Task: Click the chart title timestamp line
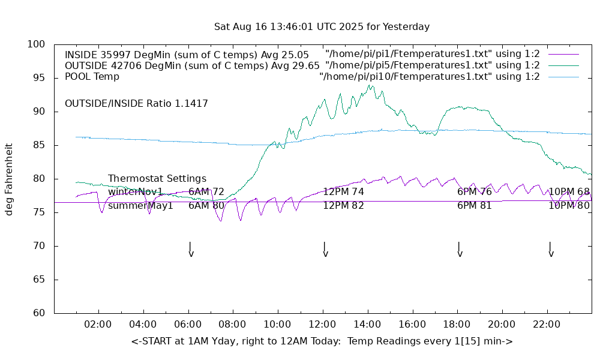pos(322,27)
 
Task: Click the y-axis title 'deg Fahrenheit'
pos(9,179)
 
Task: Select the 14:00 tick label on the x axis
pos(367,325)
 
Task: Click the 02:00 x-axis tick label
pos(98,325)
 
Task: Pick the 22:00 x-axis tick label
pos(546,325)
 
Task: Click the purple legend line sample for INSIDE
pos(563,54)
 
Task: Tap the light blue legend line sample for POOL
pos(563,77)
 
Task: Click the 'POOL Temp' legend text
pos(92,77)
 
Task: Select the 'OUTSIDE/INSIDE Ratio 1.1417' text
pos(136,104)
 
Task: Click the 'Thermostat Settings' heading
pos(157,179)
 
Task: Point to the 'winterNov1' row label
pos(136,192)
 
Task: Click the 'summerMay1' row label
pos(140,206)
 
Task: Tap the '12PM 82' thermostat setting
pos(343,206)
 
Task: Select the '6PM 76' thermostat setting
pos(474,192)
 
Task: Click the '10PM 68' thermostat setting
pos(569,192)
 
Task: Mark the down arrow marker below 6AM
pos(190,250)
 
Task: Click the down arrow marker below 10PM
pos(550,250)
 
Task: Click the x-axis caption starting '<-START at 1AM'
pos(322,341)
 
